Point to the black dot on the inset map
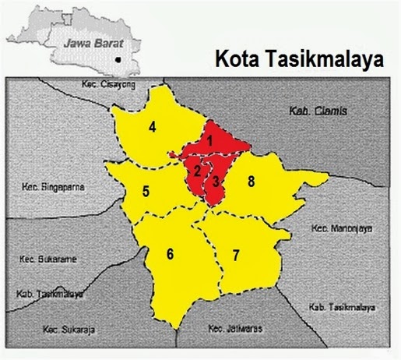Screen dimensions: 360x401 click(x=117, y=58)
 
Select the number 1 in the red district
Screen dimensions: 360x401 click(x=209, y=140)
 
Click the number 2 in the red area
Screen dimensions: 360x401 click(x=198, y=170)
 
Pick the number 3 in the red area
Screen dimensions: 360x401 click(x=216, y=182)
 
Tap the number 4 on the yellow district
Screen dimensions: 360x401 click(x=153, y=126)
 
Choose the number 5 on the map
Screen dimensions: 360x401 click(x=146, y=189)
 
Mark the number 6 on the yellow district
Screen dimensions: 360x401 click(x=169, y=253)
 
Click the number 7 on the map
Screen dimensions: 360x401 click(x=236, y=256)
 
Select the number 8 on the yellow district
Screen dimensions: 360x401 click(x=251, y=182)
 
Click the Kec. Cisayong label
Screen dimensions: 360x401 click(x=106, y=83)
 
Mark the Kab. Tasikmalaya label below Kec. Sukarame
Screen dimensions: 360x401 click(x=49, y=294)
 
